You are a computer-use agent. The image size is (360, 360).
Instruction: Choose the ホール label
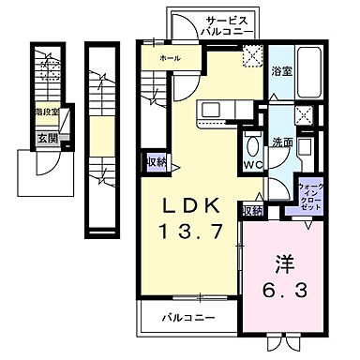click(171, 58)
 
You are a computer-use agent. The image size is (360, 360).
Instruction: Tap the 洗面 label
click(282, 143)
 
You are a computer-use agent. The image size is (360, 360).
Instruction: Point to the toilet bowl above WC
click(252, 146)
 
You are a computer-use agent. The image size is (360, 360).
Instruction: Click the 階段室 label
click(47, 112)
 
